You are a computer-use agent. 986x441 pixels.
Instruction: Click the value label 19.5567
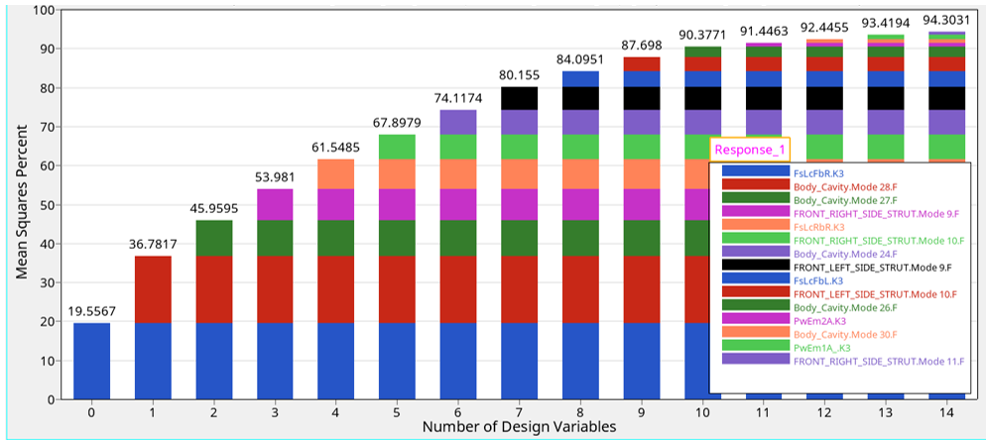pyautogui.click(x=91, y=311)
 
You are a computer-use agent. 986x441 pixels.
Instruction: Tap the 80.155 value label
pyautogui.click(x=520, y=74)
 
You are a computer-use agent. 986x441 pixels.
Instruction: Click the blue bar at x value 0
pyautogui.click(x=91, y=361)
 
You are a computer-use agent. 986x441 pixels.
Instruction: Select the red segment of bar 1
pyautogui.click(x=153, y=289)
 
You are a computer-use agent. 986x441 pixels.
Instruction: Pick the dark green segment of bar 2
pyautogui.click(x=213, y=238)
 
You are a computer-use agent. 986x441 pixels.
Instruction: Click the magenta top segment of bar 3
pyautogui.click(x=275, y=204)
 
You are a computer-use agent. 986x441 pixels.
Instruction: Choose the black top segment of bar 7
pyautogui.click(x=520, y=98)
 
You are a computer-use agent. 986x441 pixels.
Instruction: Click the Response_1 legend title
pyautogui.click(x=750, y=150)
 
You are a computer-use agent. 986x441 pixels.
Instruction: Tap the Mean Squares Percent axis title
pyautogui.click(x=21, y=204)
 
